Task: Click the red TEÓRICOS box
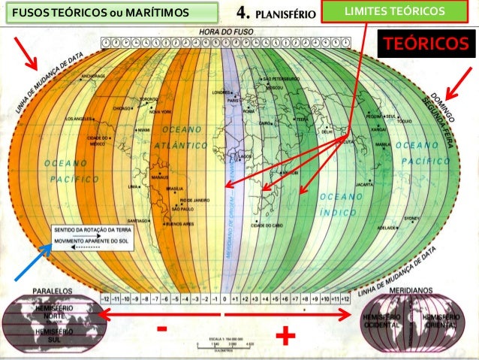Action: tap(426, 44)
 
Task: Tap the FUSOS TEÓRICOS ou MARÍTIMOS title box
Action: tap(110, 11)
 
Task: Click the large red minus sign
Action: tap(162, 330)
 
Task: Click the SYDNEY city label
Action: tap(414, 218)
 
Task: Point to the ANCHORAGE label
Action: tap(92, 77)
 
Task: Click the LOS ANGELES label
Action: tap(80, 119)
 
